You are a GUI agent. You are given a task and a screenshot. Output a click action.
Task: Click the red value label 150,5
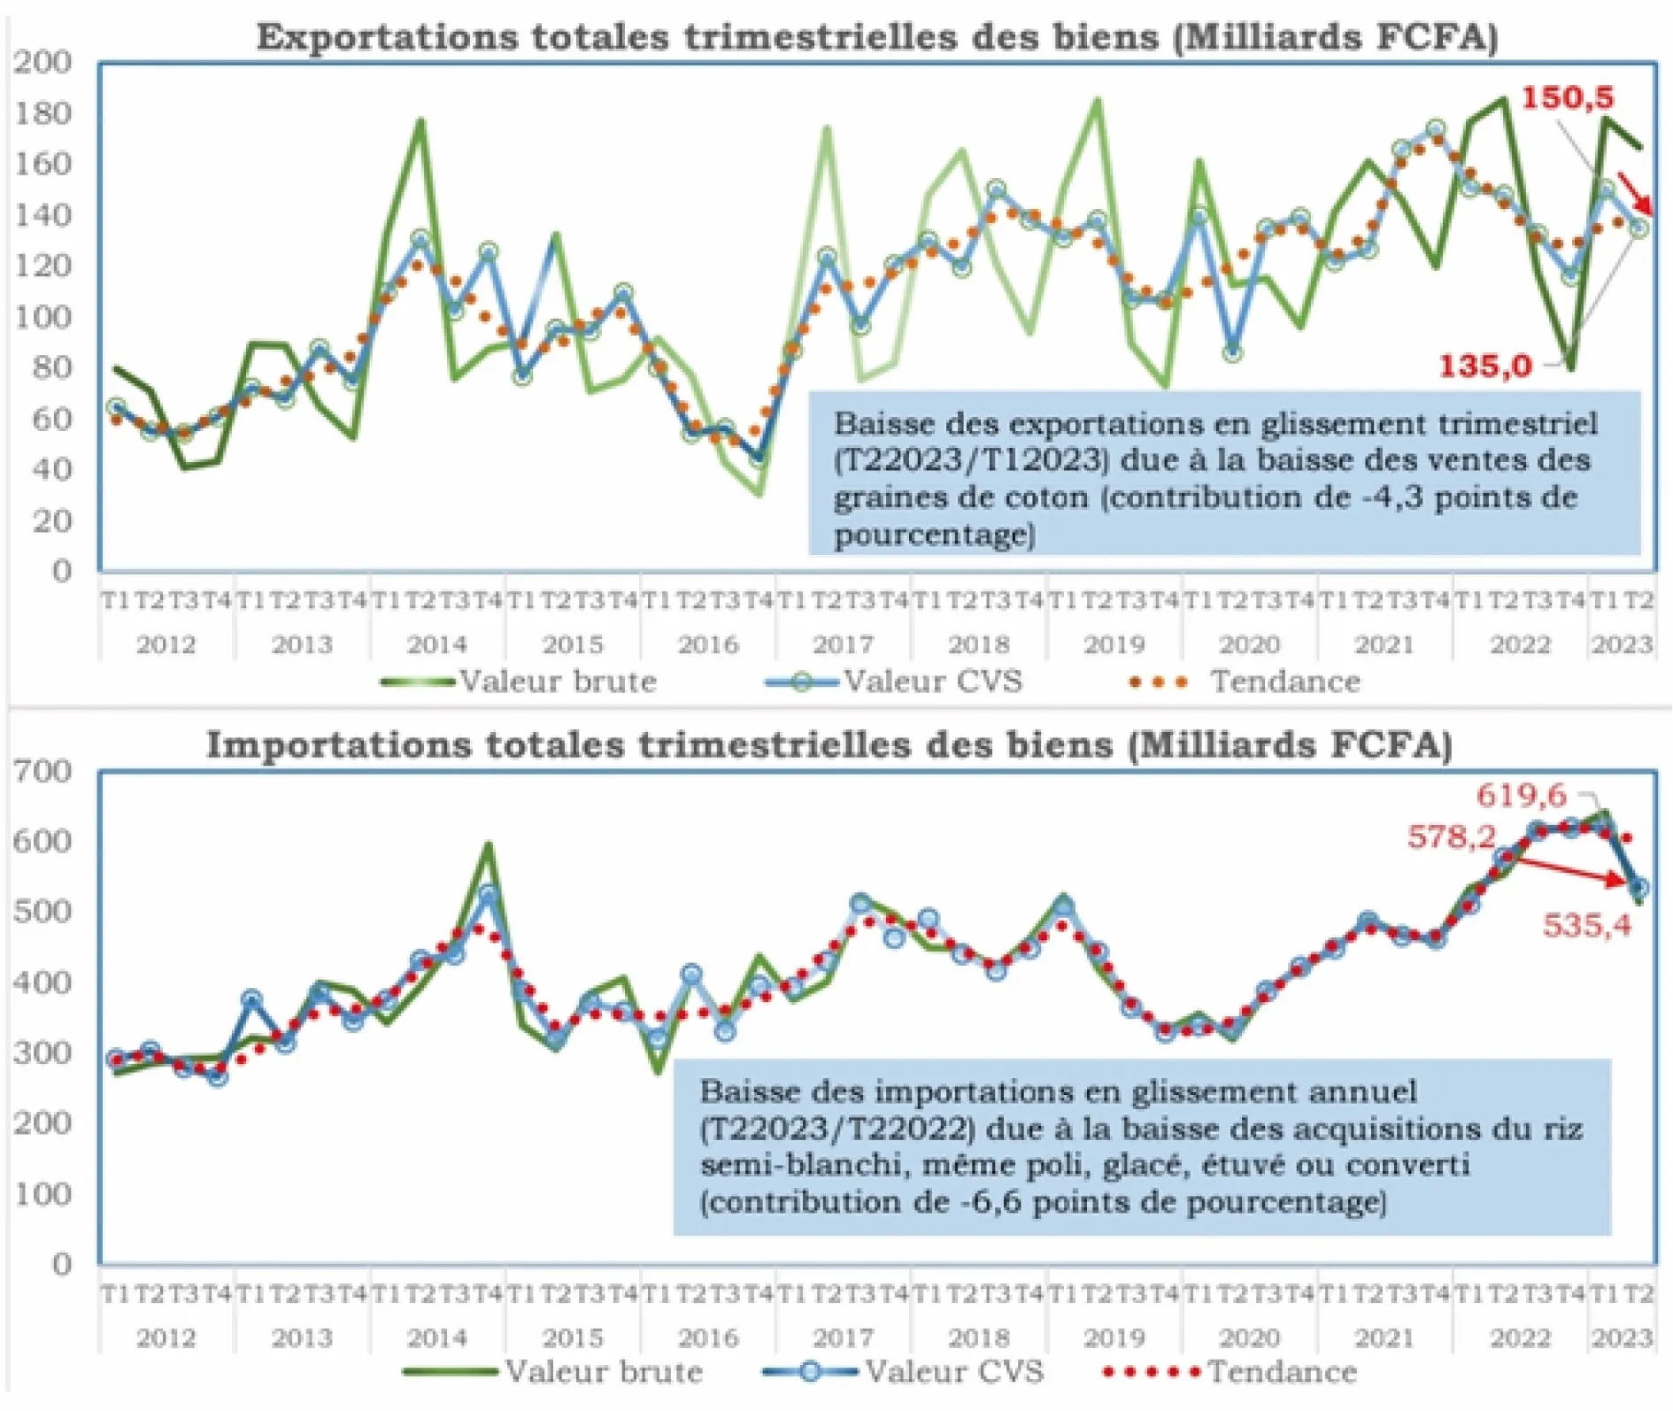click(1567, 97)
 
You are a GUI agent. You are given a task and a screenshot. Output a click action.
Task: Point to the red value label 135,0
click(1484, 366)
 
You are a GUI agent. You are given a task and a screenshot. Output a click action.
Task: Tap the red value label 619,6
click(1521, 795)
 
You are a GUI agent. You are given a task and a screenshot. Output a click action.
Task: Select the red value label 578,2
click(1451, 837)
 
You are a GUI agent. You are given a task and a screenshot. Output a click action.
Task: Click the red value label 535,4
click(1586, 925)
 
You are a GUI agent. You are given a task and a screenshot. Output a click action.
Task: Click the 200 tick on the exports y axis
click(42, 62)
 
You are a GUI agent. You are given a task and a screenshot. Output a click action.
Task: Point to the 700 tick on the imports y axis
click(42, 771)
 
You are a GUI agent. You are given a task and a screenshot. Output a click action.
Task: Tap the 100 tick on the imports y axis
click(42, 1194)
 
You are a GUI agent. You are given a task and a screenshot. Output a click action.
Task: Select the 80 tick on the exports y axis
click(50, 367)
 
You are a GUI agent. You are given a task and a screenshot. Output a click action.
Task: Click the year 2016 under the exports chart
click(708, 644)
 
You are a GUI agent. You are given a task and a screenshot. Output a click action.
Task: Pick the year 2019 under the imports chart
click(1114, 1337)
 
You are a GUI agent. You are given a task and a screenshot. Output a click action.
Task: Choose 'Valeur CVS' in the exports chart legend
click(933, 682)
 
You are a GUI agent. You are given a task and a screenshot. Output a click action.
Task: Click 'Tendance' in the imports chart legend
click(1282, 1372)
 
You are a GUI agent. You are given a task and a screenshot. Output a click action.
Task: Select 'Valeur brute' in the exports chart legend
click(558, 682)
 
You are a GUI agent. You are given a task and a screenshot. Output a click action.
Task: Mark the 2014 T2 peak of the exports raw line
click(421, 121)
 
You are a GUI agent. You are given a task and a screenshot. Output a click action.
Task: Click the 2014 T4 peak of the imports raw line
click(488, 845)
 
